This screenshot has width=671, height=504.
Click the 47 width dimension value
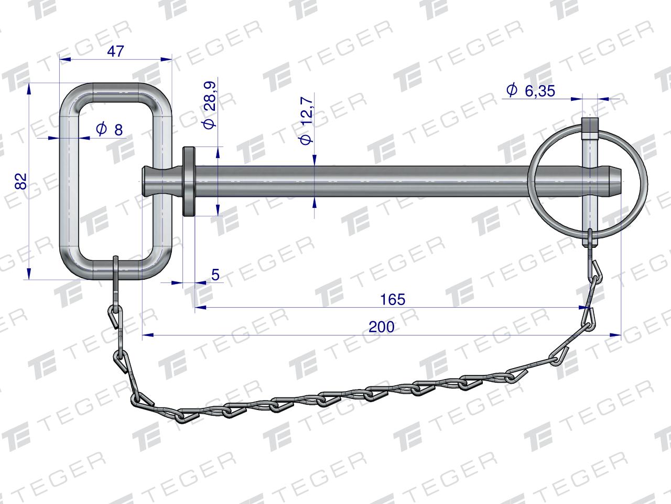coord(115,51)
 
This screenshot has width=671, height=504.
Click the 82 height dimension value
coord(21,181)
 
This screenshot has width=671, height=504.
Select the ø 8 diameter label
coord(110,129)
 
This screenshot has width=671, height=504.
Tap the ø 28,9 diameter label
coord(210,105)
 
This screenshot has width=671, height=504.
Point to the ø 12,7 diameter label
coord(307,120)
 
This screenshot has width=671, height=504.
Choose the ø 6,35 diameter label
coord(531,91)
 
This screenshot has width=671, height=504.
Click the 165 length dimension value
coord(393,300)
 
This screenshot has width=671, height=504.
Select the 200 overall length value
coord(382,327)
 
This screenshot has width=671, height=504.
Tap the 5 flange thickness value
coord(215,275)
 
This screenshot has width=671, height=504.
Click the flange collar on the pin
coord(189,182)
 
